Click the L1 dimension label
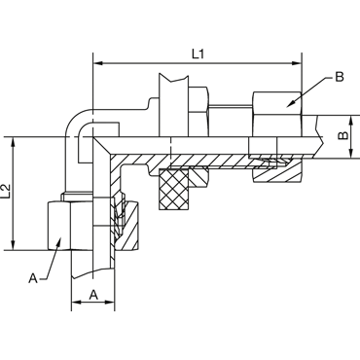click(198, 54)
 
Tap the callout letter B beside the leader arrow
click(340, 77)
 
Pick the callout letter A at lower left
click(33, 278)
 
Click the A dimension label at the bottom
click(93, 295)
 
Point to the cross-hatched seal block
click(173, 189)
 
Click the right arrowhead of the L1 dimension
click(297, 63)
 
